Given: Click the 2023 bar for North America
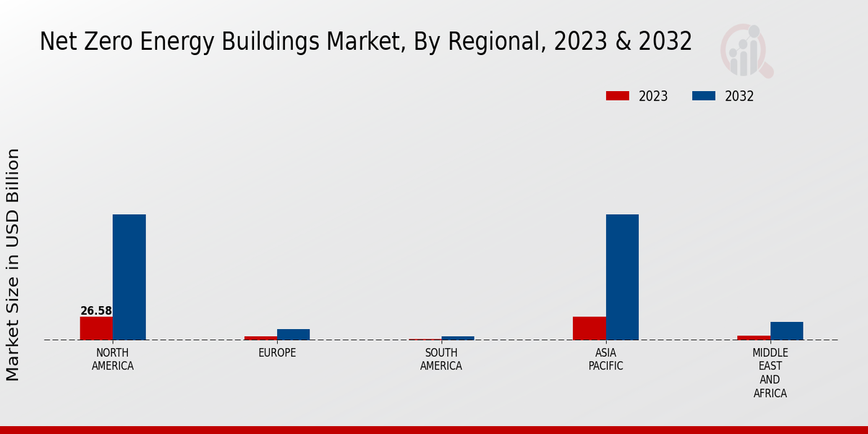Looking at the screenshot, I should click(x=96, y=328).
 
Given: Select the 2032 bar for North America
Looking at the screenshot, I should click(x=129, y=277).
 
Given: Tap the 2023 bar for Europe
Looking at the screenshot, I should click(x=260, y=338).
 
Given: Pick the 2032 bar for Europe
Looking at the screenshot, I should click(x=294, y=334).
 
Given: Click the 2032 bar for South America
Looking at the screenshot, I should click(x=458, y=338).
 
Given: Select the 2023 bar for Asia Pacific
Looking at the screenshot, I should click(x=589, y=328).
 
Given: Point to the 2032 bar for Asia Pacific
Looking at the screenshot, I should click(x=622, y=277).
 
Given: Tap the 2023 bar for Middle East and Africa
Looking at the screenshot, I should click(x=754, y=338).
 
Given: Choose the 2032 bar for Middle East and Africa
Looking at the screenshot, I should click(x=786, y=331).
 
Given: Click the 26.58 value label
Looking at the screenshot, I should click(x=96, y=311).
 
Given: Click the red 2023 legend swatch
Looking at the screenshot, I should click(x=618, y=96).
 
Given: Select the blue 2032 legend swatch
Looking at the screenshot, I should click(x=704, y=96).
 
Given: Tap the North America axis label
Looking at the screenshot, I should click(x=113, y=359).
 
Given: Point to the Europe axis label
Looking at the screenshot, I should click(x=277, y=353).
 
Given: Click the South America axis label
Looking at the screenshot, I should click(x=441, y=359).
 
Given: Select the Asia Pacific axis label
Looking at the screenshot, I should click(x=605, y=359).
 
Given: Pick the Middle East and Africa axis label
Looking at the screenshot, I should click(x=770, y=373).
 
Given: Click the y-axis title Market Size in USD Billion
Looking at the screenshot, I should click(x=13, y=265).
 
